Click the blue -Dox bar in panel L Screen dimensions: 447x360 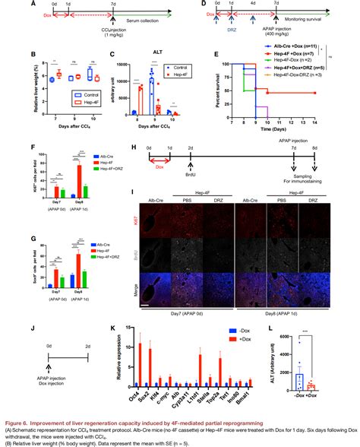coord(322,378)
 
